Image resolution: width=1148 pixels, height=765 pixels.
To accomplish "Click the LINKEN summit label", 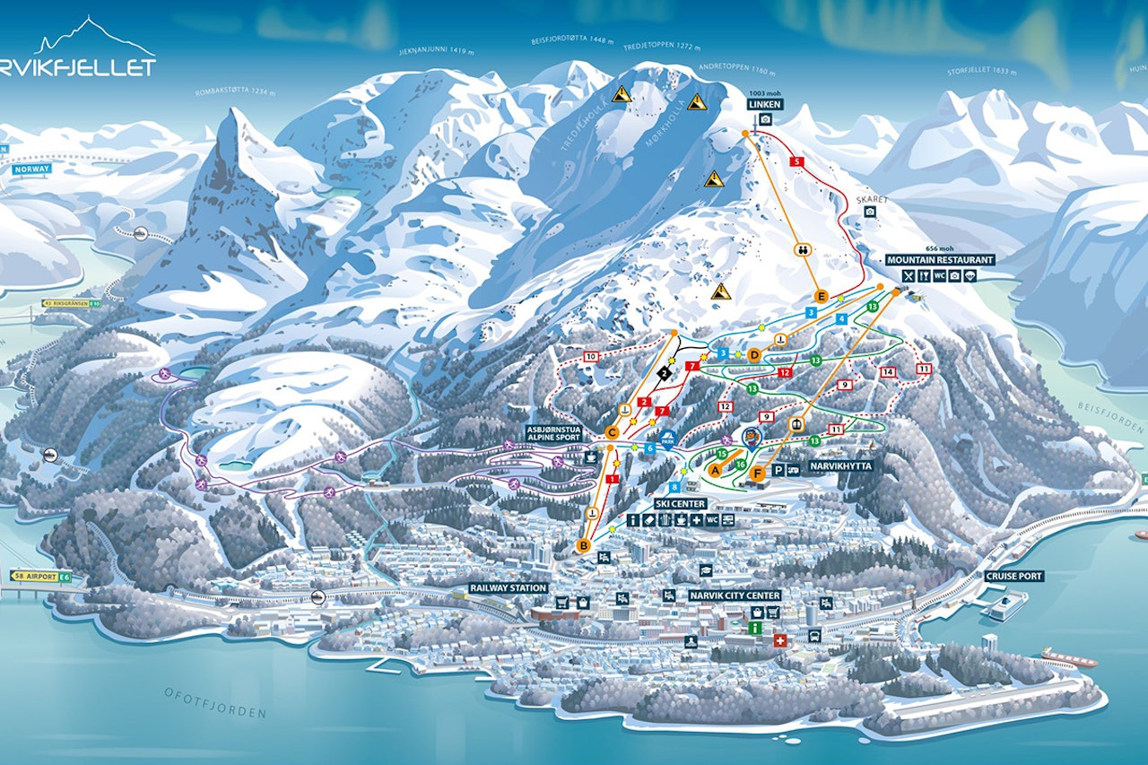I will (x=765, y=104).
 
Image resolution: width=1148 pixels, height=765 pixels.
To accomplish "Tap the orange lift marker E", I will (x=820, y=296).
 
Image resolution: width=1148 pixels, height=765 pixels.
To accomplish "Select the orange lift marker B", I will (x=584, y=544).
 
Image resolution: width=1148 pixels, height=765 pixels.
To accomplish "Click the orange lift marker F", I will (x=758, y=473).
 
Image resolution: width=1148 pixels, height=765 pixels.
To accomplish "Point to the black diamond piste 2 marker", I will (x=664, y=371).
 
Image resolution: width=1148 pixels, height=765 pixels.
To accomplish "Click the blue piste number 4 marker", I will (x=840, y=319).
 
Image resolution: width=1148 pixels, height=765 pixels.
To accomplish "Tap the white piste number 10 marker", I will (x=590, y=357).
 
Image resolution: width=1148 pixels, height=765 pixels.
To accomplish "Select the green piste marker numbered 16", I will (x=741, y=464).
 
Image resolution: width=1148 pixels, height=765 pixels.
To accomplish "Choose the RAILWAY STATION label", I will (x=508, y=588).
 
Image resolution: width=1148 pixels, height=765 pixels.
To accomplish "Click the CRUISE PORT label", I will (x=1014, y=576).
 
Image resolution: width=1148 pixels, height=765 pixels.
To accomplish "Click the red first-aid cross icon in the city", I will (x=779, y=641).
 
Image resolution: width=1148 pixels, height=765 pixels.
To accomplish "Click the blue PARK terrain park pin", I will (x=667, y=439).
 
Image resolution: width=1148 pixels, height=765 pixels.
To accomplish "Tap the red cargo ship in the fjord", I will (x=1068, y=659).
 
